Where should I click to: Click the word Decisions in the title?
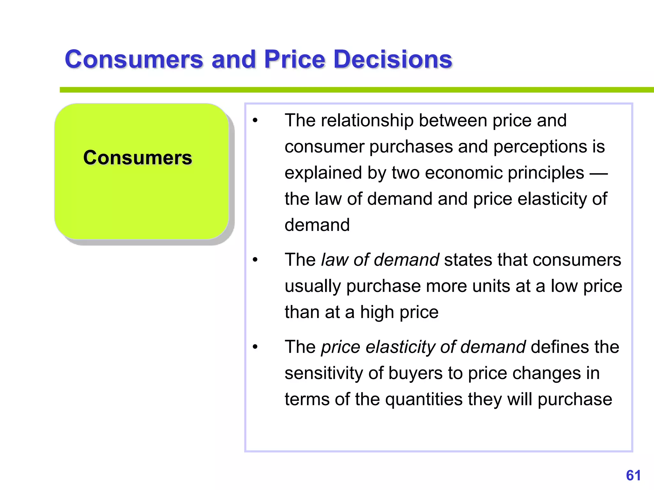(392, 59)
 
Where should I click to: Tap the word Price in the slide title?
(294, 59)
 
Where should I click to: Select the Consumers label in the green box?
(138, 158)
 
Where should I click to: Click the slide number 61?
(633, 475)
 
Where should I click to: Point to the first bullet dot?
(255, 121)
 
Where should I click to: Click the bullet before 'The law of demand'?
(255, 260)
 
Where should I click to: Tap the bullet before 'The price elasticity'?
(255, 347)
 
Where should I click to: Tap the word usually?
(313, 286)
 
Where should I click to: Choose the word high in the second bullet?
(377, 312)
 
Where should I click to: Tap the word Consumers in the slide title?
(134, 59)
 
